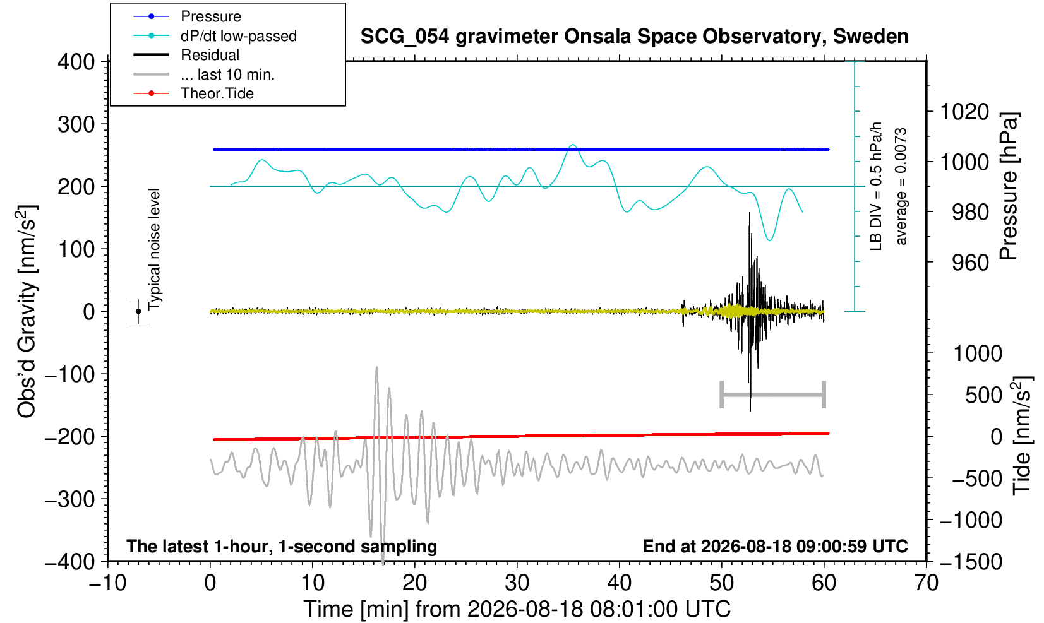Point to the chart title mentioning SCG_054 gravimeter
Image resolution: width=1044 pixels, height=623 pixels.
(x=634, y=37)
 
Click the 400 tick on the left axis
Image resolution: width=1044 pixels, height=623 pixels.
(x=76, y=62)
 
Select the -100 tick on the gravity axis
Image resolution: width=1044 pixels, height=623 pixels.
(x=70, y=374)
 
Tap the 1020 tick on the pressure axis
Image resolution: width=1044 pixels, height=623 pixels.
(x=964, y=112)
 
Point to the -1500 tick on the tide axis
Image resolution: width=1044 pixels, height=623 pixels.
(x=971, y=562)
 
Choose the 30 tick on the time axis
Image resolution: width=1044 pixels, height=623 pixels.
(x=517, y=583)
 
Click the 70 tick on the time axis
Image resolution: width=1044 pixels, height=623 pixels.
(x=926, y=583)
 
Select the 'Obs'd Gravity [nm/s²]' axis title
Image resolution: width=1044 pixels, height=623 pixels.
(x=27, y=311)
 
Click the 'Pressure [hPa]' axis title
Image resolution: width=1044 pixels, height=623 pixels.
(x=1009, y=186)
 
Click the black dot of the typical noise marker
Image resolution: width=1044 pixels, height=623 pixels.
(x=138, y=311)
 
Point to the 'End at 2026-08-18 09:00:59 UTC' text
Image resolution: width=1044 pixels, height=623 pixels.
(x=775, y=546)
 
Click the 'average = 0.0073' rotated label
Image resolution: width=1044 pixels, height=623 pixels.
(x=901, y=186)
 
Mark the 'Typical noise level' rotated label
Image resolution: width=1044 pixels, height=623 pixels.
(x=154, y=250)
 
